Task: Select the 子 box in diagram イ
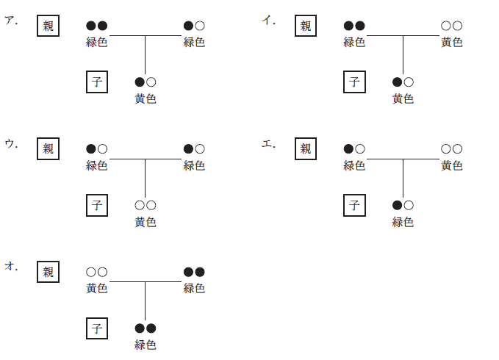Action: [x=354, y=82]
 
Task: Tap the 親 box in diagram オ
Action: [x=48, y=272]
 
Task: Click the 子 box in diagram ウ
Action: [x=96, y=205]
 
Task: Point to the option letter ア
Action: [x=10, y=21]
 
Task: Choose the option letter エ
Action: [x=268, y=144]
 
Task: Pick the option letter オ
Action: [x=10, y=267]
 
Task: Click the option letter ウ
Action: [x=10, y=144]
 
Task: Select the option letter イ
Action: [x=268, y=21]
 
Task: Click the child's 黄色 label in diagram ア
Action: [x=146, y=98]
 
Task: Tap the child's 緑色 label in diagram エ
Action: [x=403, y=222]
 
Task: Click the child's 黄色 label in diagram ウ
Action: [x=146, y=222]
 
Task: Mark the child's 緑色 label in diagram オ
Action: [x=146, y=345]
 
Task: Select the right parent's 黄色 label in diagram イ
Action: [x=451, y=42]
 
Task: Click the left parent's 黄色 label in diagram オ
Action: [x=97, y=288]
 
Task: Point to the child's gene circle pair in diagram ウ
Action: [x=146, y=205]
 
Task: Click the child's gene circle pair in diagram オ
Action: [x=146, y=328]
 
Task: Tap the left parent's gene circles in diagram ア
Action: [x=97, y=26]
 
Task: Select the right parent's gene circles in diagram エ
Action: [x=451, y=149]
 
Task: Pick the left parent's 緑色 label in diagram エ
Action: [x=354, y=165]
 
